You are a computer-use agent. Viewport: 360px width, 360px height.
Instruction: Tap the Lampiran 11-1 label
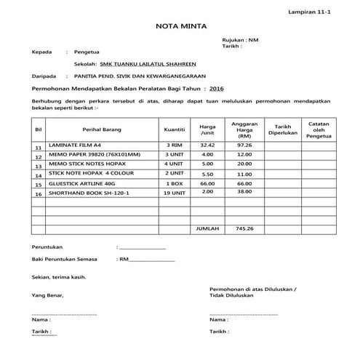coord(325,12)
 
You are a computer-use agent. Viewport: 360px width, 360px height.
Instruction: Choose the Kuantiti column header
coord(174,129)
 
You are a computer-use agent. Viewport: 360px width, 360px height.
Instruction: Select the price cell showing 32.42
coord(207,145)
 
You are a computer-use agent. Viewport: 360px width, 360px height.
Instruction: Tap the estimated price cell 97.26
coord(244,145)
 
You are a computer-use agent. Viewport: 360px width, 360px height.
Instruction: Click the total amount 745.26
coord(244,229)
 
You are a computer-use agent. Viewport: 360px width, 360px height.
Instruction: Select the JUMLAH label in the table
coord(207,229)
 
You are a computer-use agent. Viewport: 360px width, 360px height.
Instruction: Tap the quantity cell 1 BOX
coord(174,183)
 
